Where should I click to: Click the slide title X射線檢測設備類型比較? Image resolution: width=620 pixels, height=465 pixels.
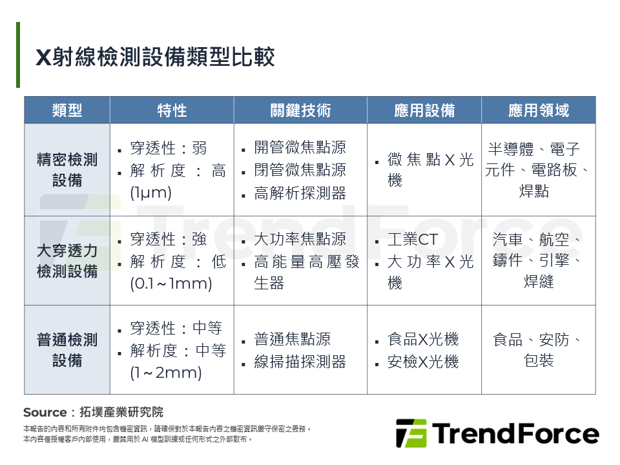coord(155,57)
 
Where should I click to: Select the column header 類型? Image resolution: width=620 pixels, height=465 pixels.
coord(67,110)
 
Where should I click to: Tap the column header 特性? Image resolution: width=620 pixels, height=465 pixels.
coord(172,110)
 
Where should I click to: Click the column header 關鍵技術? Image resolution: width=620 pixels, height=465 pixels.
coord(300,110)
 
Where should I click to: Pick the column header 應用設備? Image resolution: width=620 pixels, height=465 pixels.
coord(424,110)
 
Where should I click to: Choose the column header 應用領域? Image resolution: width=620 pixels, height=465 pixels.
coord(539,110)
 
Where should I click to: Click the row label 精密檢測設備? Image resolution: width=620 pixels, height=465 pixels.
coord(67,170)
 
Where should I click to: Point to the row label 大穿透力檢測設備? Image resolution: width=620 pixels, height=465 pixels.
coord(67,260)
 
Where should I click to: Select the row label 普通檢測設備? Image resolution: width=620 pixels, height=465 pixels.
coord(67,349)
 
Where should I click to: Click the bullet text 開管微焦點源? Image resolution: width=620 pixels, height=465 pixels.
coord(300,148)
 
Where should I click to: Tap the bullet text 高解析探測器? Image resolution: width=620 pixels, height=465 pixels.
coord(300,193)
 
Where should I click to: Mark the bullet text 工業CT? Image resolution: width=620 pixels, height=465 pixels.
coord(413,240)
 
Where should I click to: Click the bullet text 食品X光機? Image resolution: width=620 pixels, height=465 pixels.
coord(423,339)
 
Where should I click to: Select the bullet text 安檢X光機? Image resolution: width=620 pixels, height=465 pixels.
coord(423,362)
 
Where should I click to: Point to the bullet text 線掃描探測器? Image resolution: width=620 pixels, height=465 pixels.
coord(300,362)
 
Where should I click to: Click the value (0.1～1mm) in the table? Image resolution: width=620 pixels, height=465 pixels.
coord(171,284)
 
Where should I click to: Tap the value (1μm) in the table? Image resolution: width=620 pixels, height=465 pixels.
coord(150,193)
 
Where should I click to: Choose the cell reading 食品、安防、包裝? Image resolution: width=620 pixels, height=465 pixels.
coord(539,349)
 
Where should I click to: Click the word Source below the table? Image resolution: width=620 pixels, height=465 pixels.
coord(45,412)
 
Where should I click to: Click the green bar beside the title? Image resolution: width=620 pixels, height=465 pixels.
coord(18,55)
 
